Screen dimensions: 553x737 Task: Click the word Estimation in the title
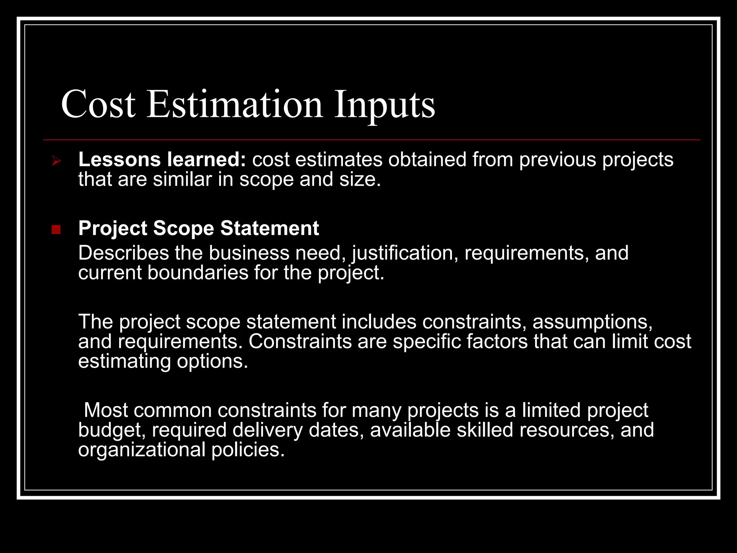tap(235, 104)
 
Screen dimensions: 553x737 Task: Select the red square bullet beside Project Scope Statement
tap(56, 229)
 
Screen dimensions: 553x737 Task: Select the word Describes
tap(123, 253)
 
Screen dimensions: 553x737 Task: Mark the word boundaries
tap(198, 273)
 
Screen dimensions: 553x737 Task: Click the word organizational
tap(142, 450)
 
